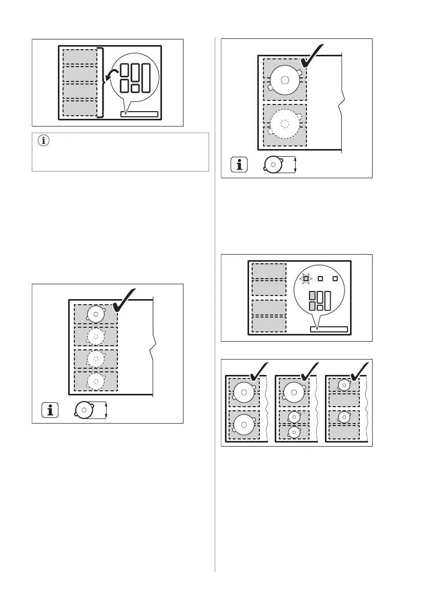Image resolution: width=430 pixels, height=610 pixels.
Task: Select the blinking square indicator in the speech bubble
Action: pos(305,279)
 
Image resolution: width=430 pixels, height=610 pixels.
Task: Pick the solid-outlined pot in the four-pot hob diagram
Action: pos(96,313)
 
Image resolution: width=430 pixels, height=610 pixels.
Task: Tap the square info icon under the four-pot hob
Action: pos(50,410)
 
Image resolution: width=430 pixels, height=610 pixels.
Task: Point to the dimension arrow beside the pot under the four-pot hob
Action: pos(106,410)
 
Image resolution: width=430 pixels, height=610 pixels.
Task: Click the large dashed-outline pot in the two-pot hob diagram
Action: pos(285,123)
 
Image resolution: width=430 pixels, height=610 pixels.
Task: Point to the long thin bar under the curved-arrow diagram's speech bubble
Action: pos(139,114)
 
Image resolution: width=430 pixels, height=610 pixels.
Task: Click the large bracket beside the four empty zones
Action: pos(101,82)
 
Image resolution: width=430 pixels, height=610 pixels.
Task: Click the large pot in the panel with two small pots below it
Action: pos(293,391)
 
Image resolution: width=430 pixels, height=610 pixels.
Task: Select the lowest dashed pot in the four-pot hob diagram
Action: pos(95,381)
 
